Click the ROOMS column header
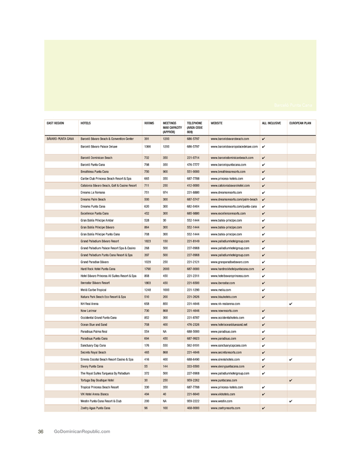(149, 122)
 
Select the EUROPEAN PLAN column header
(300, 122)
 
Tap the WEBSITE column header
(217, 122)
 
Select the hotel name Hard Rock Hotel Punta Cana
(101, 269)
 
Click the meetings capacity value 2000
(166, 269)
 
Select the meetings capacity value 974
(166, 192)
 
